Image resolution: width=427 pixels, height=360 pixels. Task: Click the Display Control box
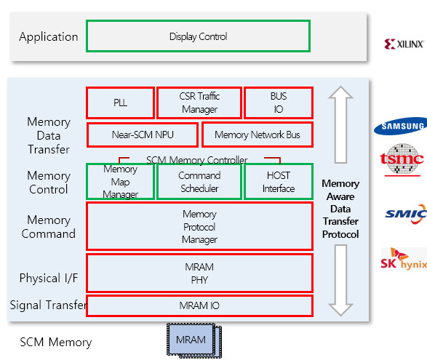point(199,36)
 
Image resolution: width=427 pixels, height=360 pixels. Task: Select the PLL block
point(120,103)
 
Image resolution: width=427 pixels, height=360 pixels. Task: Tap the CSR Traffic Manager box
point(199,103)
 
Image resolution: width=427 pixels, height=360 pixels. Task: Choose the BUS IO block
point(279,103)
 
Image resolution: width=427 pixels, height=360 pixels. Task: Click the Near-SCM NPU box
point(143,135)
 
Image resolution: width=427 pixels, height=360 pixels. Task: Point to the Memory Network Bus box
point(258,135)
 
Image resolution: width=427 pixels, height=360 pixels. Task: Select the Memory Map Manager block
point(120,182)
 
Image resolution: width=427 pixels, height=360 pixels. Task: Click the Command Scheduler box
point(199,182)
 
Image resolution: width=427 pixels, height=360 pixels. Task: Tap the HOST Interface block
point(279,182)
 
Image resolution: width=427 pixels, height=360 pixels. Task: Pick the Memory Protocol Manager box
point(199,226)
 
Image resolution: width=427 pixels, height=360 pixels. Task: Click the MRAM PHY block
point(199,273)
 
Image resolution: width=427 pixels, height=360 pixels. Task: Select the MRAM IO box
point(199,305)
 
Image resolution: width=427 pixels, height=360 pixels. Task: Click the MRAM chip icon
point(194,340)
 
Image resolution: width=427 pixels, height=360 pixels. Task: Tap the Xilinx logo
point(404,44)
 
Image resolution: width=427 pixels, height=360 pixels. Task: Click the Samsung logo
point(401,126)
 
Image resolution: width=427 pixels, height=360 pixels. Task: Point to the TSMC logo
point(402,159)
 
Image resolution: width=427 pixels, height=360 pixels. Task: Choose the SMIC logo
point(406,215)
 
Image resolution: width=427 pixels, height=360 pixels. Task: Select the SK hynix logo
point(404,259)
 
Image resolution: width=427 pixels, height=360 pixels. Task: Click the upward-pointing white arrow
point(340,124)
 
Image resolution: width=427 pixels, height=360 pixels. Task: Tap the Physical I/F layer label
point(49,278)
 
